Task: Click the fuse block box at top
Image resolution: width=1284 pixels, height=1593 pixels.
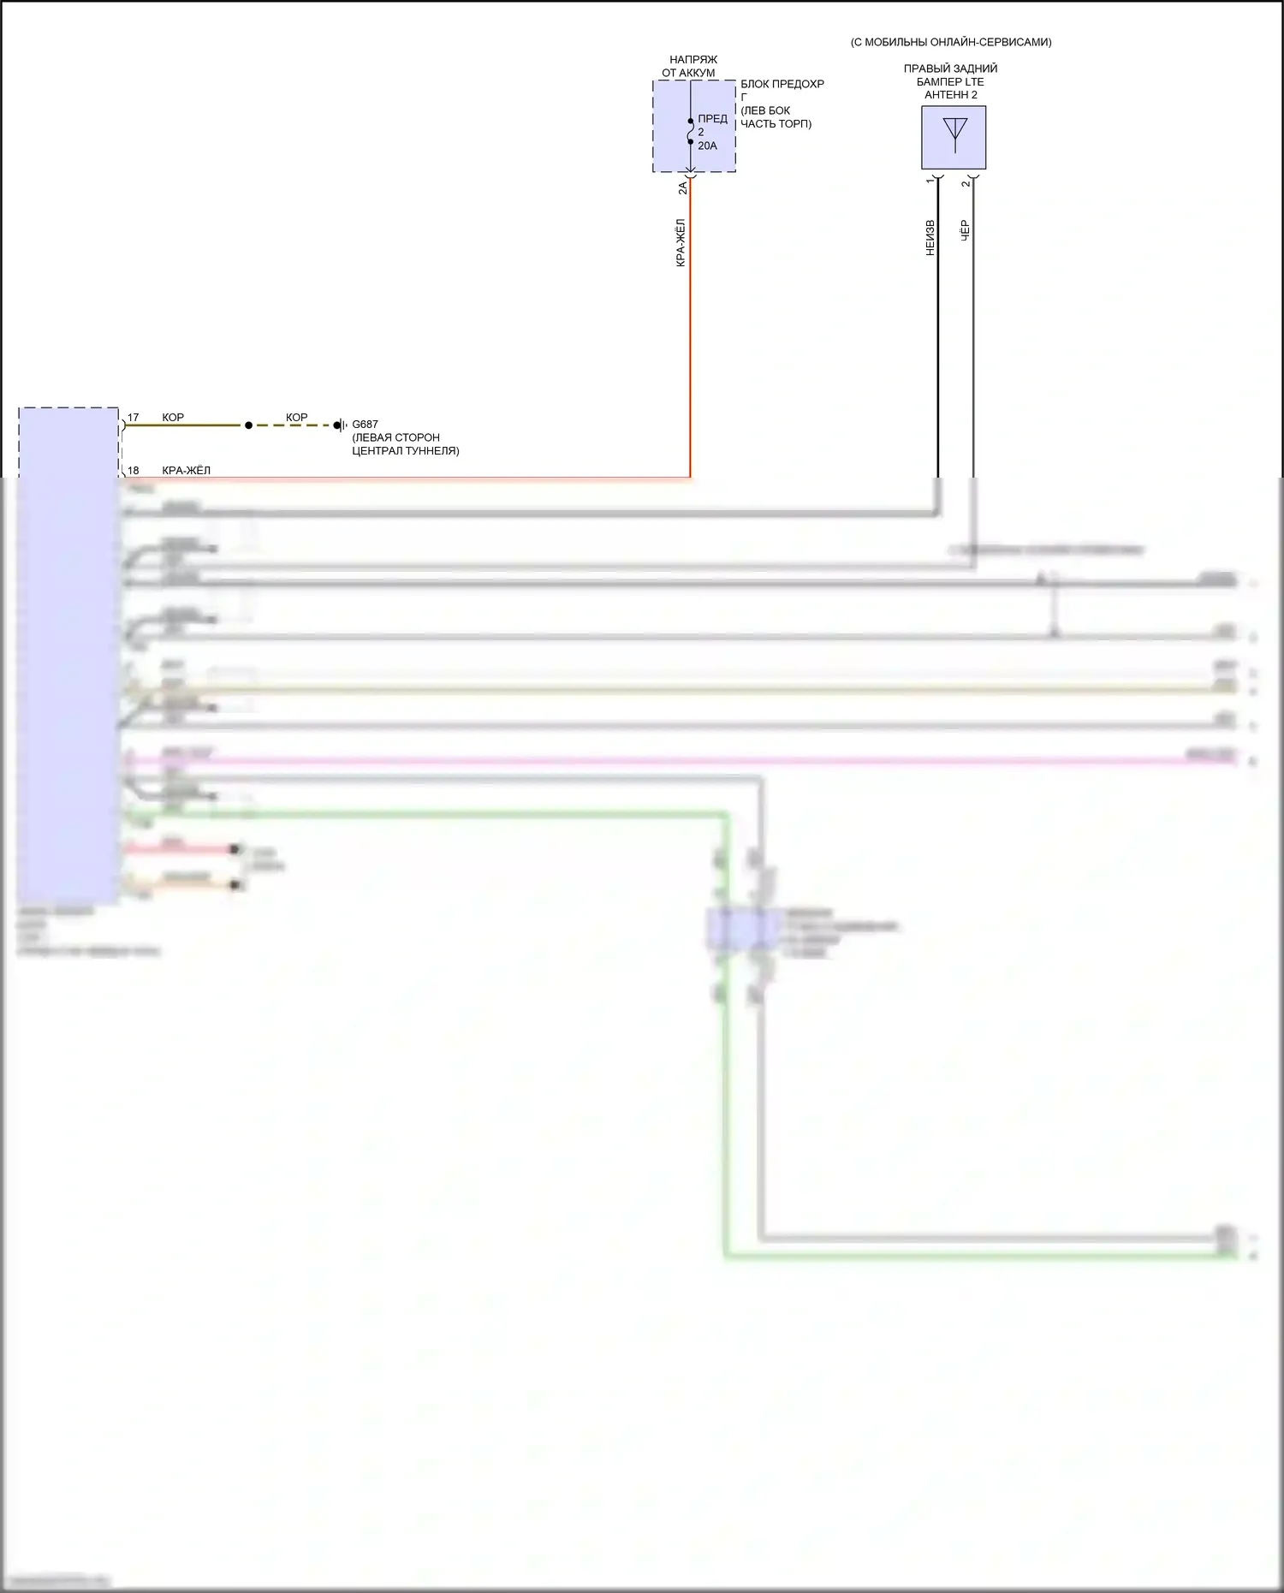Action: coord(693,126)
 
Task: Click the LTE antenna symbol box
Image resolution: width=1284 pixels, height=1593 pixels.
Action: coord(954,137)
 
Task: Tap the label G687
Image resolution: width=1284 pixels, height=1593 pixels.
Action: coord(365,425)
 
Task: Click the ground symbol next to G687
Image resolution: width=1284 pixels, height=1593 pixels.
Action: coord(340,425)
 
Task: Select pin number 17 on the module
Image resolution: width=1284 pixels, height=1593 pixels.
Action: coord(133,418)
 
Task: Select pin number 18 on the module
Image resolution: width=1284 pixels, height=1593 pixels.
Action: coord(133,471)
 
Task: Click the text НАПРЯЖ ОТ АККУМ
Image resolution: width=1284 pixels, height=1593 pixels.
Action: coord(691,66)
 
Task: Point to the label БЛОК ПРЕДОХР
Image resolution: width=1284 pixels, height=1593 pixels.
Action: coord(782,84)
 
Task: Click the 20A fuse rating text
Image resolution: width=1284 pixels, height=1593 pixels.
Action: coord(707,146)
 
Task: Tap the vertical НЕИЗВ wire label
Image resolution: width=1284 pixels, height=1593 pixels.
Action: coord(930,238)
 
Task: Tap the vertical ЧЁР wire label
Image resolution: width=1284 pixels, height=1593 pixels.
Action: coord(966,230)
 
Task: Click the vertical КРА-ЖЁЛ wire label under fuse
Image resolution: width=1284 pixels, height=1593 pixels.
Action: coord(681,243)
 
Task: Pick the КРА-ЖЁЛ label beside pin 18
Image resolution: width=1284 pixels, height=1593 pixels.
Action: coord(186,471)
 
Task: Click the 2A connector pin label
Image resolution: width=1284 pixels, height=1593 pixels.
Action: coord(682,188)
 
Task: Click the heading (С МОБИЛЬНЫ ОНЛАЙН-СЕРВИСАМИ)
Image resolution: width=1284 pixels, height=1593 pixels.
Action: coord(950,42)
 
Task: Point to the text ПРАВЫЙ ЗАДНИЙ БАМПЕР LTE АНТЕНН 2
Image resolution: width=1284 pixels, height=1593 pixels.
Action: coord(950,81)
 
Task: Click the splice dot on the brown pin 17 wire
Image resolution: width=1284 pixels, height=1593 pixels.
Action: coord(248,425)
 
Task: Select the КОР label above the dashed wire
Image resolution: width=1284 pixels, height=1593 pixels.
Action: coord(296,418)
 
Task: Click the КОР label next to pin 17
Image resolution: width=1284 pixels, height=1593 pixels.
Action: coord(173,418)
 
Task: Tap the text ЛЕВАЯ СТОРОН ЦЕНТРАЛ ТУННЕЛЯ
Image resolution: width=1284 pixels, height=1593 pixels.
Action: coord(405,444)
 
